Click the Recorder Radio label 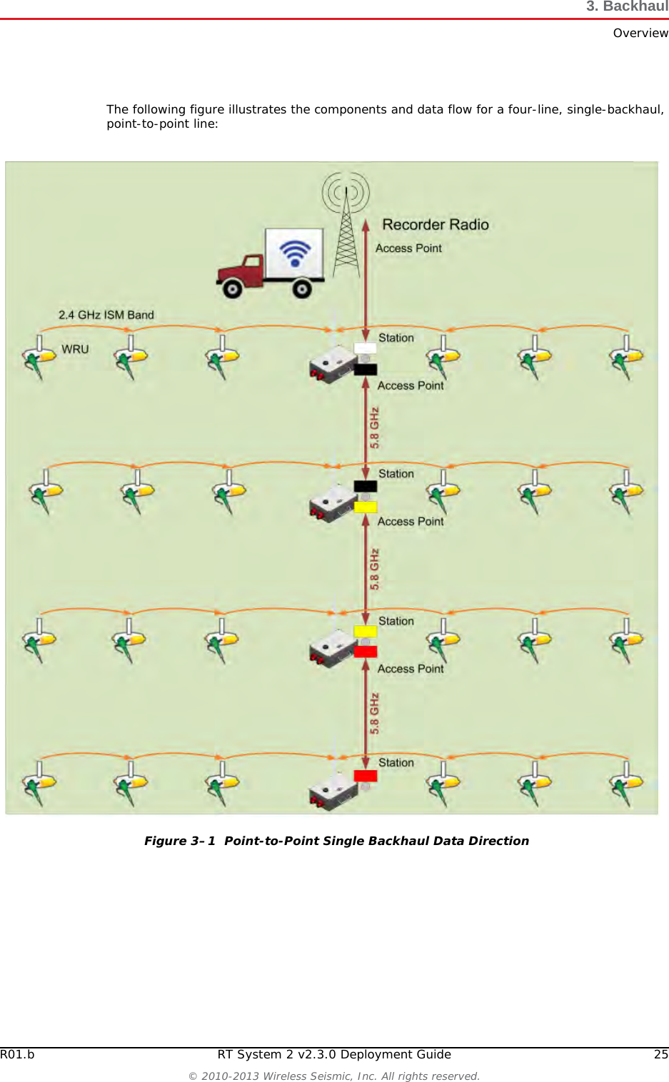tap(435, 225)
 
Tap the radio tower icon tap(346, 228)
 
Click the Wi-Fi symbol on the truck tap(295, 253)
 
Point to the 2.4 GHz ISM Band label tap(106, 315)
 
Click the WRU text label tap(75, 349)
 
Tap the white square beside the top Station tap(365, 349)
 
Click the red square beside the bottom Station tap(366, 776)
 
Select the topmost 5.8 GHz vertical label tap(375, 428)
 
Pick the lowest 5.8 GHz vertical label tap(375, 713)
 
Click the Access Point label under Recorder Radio tap(408, 248)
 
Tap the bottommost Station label tap(396, 762)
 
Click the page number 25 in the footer tap(661, 1054)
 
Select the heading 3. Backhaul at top tap(627, 6)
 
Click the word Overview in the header tap(640, 33)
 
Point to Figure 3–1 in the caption tap(179, 841)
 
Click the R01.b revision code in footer tap(17, 1054)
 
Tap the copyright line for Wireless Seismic tap(334, 1076)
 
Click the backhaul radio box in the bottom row tap(332, 791)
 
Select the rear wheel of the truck tap(302, 289)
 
